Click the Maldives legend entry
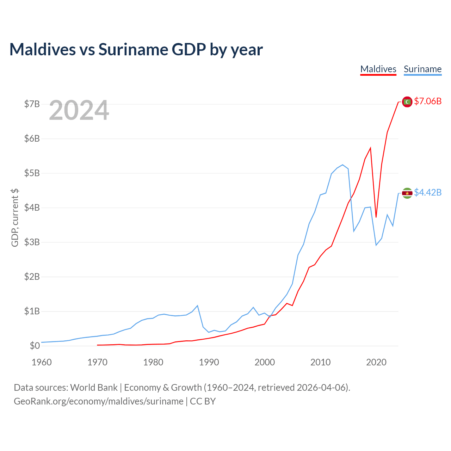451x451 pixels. (378, 69)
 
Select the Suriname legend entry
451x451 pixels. (422, 69)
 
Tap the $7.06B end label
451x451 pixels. (428, 101)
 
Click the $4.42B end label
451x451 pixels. (428, 192)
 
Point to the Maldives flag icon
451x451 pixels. (407, 102)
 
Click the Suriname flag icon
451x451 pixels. (407, 193)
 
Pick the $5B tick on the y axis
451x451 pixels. (32, 173)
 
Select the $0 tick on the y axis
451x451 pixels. (35, 346)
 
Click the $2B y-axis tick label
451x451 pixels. (32, 277)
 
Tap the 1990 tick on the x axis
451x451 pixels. (209, 362)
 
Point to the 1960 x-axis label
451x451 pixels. (42, 362)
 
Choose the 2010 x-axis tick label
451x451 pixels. (320, 362)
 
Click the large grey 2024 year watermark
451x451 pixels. (79, 110)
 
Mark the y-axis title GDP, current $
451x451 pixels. (15, 218)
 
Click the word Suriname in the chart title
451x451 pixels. (133, 49)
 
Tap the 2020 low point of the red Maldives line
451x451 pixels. (376, 217)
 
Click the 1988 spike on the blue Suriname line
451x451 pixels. (198, 306)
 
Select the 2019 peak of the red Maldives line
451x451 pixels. (370, 148)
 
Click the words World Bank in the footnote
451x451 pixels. (94, 388)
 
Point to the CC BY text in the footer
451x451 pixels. (203, 401)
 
